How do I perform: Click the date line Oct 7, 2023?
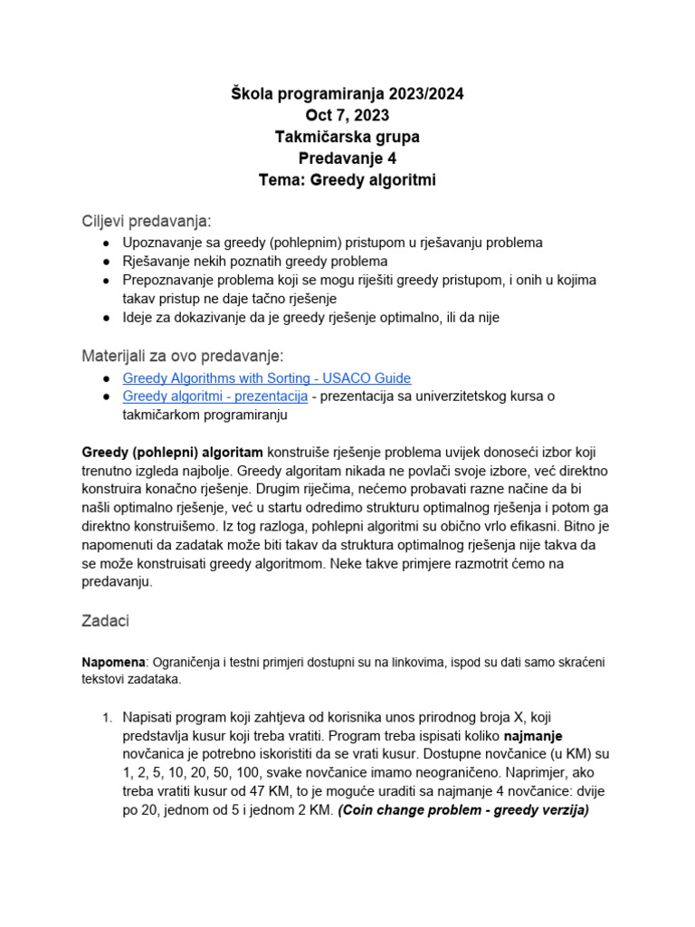[x=347, y=116]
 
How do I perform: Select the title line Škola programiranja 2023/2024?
[x=347, y=94]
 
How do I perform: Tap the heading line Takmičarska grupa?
[x=347, y=138]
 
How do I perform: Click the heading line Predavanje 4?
[x=347, y=159]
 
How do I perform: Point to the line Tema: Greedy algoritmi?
[x=347, y=181]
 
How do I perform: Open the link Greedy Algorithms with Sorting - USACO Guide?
[x=266, y=377]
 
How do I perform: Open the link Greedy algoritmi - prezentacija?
[x=214, y=397]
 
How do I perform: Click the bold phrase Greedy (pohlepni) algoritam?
[x=173, y=452]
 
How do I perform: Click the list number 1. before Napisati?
[x=106, y=717]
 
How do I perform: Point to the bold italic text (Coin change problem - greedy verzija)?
[x=463, y=810]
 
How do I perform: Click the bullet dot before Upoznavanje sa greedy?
[x=107, y=244]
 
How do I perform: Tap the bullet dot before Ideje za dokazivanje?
[x=107, y=318]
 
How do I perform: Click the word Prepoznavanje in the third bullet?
[x=169, y=281]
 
